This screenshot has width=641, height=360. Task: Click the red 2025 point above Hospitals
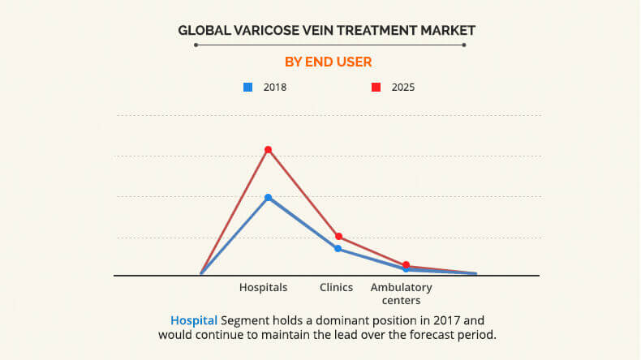[x=268, y=149]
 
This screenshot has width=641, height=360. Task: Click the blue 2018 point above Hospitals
[x=268, y=197]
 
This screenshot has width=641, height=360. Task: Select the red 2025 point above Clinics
[x=338, y=236]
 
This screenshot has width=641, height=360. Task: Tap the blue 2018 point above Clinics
[x=338, y=248]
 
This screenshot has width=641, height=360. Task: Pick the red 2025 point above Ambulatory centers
[x=406, y=264]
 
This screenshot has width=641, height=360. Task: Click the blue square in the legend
[x=248, y=87]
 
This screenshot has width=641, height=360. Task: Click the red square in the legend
[x=376, y=87]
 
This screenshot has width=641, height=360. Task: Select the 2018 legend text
[x=275, y=87]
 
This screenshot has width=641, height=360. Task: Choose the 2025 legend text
[x=403, y=87]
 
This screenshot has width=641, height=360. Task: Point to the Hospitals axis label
[x=263, y=288]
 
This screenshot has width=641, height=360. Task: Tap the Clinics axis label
[x=336, y=288]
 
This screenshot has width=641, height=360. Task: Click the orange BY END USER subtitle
[x=328, y=62]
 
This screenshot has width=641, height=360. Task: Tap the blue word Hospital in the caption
[x=194, y=320]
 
